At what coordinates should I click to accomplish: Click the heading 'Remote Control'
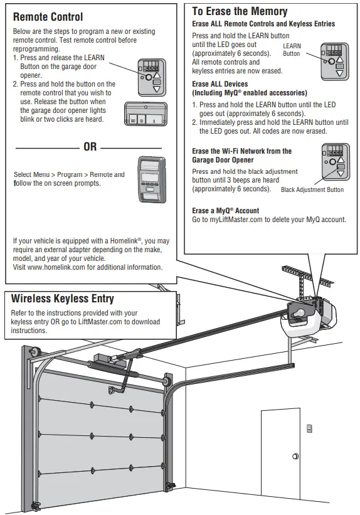pyautogui.click(x=48, y=17)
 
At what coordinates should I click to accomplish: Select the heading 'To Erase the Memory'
pyautogui.click(x=240, y=11)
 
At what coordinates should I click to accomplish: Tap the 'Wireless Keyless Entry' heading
pyautogui.click(x=63, y=299)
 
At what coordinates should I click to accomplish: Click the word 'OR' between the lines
pyautogui.click(x=90, y=146)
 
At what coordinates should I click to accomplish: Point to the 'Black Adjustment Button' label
pyautogui.click(x=312, y=189)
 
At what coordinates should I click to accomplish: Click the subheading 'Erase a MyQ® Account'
pyautogui.click(x=225, y=211)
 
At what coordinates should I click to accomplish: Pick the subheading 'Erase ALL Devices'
pyautogui.click(x=220, y=84)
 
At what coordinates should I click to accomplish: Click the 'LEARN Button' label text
pyautogui.click(x=292, y=50)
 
